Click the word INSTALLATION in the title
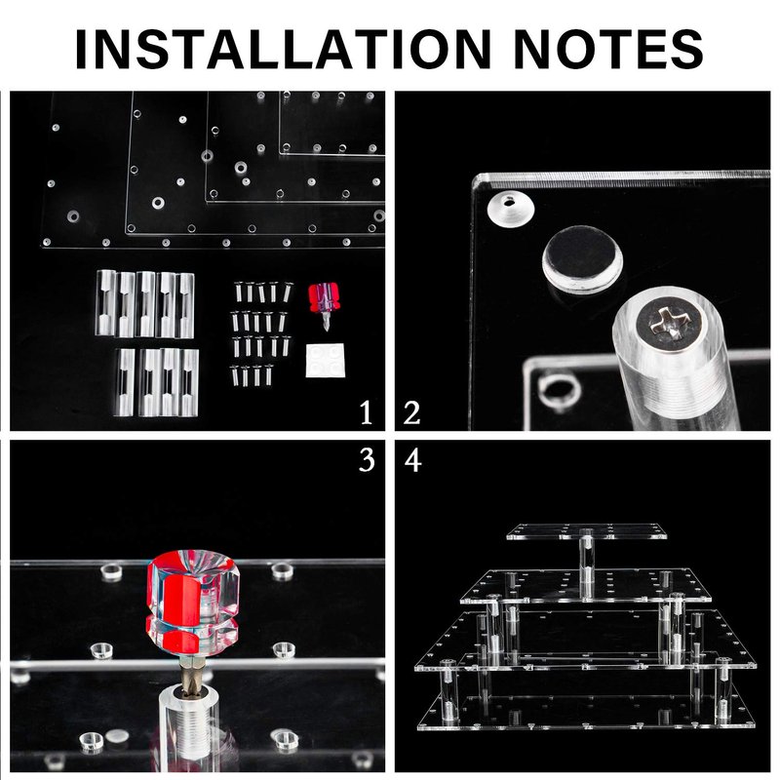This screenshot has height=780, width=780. [284, 49]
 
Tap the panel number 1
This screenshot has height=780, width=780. [367, 412]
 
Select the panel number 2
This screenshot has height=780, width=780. [411, 412]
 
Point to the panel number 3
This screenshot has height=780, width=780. [367, 459]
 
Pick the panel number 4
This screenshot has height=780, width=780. [412, 459]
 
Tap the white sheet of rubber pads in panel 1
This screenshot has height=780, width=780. [325, 360]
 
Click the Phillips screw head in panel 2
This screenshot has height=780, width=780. [672, 327]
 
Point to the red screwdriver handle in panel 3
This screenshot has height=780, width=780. [192, 602]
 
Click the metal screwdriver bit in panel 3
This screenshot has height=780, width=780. [188, 671]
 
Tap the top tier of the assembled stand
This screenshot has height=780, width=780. [587, 531]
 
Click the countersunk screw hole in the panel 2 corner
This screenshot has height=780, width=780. [511, 207]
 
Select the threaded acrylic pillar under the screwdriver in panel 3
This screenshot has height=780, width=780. [188, 721]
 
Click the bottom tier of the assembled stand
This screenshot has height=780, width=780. [587, 712]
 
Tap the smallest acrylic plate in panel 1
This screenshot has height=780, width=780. [331, 124]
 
